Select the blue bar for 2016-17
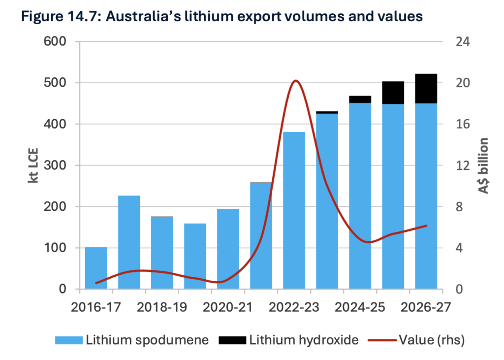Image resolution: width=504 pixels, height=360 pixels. pyautogui.click(x=96, y=268)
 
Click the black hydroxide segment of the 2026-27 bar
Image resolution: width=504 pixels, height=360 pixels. pyautogui.click(x=426, y=89)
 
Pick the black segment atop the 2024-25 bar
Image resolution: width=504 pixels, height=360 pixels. pyautogui.click(x=360, y=99)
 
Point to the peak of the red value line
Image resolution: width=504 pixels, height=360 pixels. pyautogui.click(x=295, y=80)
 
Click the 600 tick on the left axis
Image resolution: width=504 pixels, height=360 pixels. pyautogui.click(x=56, y=42)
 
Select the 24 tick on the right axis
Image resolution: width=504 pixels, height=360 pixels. pyautogui.click(x=463, y=42)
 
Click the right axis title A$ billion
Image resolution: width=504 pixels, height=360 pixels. pyautogui.click(x=483, y=165)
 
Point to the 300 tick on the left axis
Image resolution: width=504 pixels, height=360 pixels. pyautogui.click(x=56, y=165)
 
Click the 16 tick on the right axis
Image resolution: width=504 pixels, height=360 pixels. pyautogui.click(x=463, y=124)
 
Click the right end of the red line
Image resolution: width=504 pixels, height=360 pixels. pyautogui.click(x=426, y=226)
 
